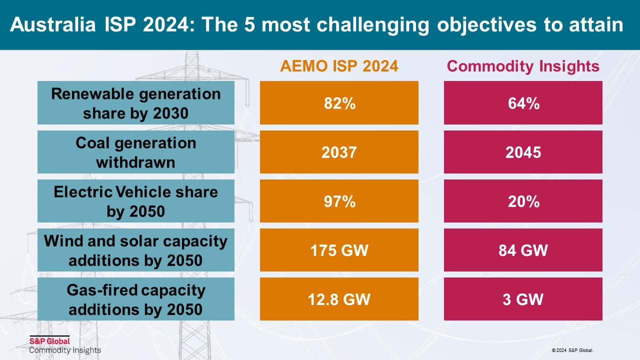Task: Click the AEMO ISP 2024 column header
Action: (339, 66)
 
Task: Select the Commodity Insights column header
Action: (523, 66)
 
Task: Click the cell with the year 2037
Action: (339, 152)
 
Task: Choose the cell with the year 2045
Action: (523, 152)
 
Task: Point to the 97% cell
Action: (339, 201)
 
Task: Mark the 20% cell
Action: (523, 201)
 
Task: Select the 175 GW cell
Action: (339, 250)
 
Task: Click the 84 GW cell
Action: (523, 250)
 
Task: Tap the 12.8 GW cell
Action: (339, 299)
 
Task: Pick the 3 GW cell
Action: (523, 299)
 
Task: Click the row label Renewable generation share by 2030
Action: (136, 103)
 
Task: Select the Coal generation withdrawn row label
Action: (136, 152)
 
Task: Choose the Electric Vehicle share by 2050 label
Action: (136, 201)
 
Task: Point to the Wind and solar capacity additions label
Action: (136, 250)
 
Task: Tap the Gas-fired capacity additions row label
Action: (136, 299)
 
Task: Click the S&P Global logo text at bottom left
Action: (49, 341)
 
